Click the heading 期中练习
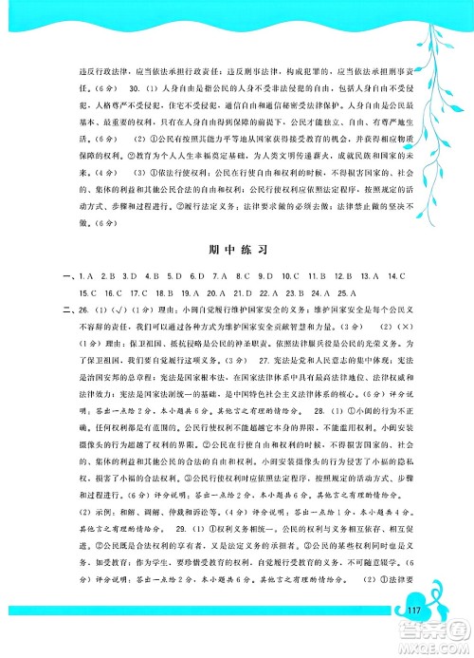(x=238, y=251)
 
